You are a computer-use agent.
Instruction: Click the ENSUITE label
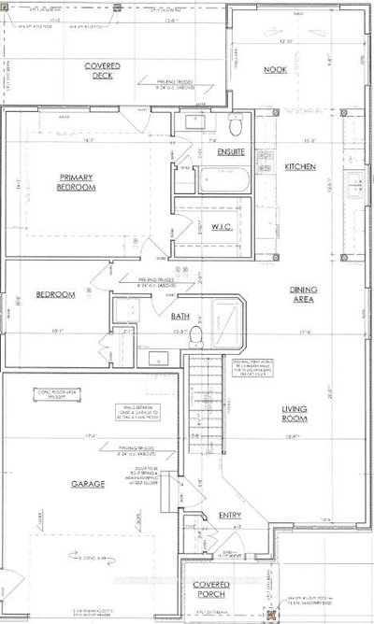coord(231,150)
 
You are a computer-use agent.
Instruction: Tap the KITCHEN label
coord(300,166)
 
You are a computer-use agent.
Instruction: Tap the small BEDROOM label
coord(55,294)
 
